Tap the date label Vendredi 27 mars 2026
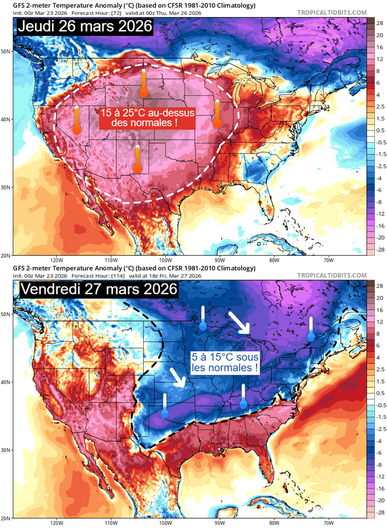point(98,290)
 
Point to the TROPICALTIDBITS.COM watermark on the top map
point(332,12)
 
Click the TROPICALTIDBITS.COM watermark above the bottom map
point(332,275)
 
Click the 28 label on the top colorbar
point(380,24)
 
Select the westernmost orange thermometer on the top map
point(77,120)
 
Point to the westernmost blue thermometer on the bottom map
point(164,405)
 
